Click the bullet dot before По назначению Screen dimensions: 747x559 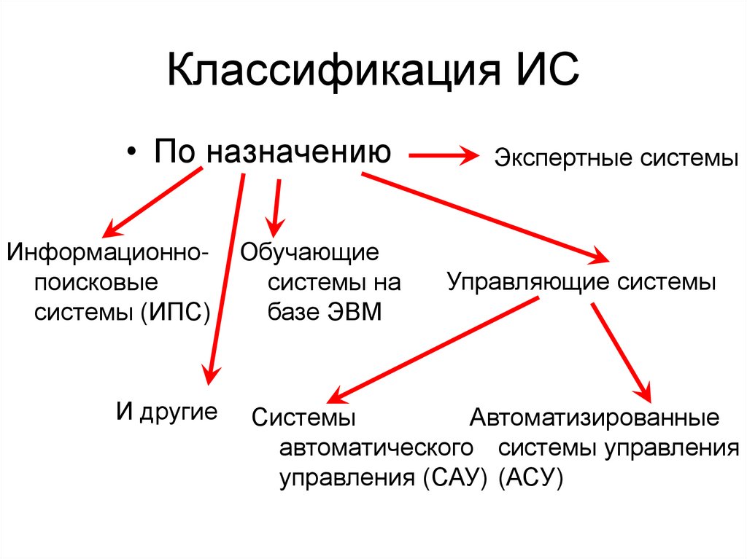131,151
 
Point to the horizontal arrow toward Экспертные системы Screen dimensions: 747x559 444,155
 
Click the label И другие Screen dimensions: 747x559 167,412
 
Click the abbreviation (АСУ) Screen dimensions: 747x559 530,478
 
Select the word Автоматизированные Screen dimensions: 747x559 595,418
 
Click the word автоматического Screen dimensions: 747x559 373,447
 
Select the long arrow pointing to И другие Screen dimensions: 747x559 225,277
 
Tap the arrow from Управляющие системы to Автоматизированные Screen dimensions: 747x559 620,350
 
